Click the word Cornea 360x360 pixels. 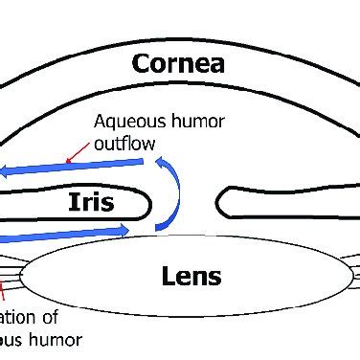pos(179,65)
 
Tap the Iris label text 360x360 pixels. pos(92,202)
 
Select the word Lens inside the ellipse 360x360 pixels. pos(191,278)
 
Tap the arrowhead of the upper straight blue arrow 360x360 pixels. pos(8,172)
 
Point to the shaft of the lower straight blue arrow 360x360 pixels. pos(57,233)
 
